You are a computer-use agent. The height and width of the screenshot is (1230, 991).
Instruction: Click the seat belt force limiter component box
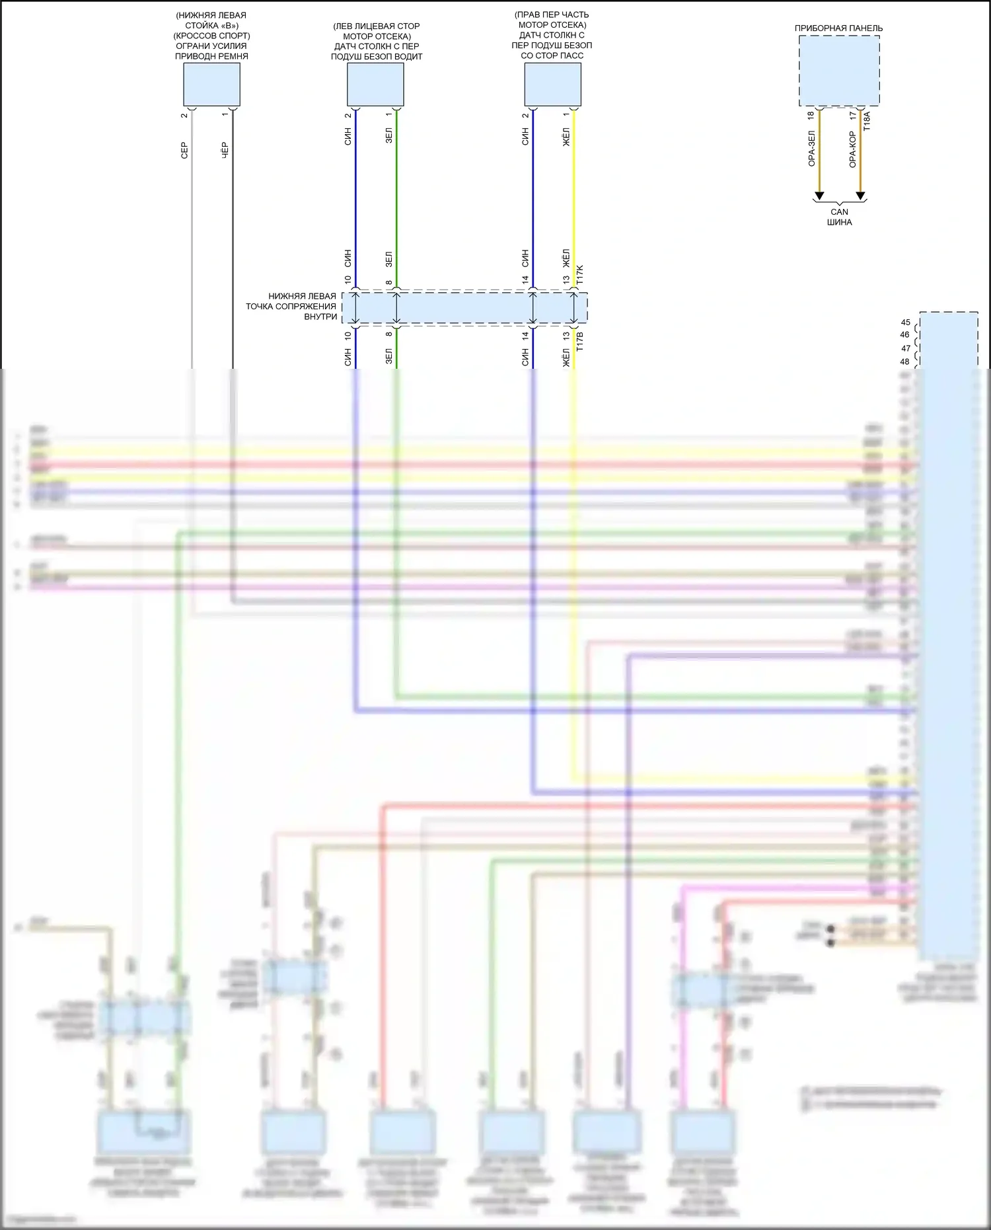click(211, 85)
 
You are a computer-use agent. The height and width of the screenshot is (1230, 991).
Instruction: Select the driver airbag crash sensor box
click(375, 85)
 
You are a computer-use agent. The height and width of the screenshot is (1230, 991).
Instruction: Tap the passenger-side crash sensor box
click(552, 85)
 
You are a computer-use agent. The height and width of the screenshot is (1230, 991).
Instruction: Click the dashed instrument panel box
click(839, 70)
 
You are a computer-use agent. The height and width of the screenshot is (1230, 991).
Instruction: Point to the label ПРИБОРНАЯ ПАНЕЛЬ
click(838, 28)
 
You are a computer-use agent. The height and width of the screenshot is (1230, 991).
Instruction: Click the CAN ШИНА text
click(839, 217)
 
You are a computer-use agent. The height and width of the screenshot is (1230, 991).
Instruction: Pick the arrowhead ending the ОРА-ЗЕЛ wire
click(819, 196)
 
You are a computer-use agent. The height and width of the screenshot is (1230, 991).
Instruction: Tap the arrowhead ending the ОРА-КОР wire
click(860, 196)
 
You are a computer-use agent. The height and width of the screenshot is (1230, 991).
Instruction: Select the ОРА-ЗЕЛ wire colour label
click(812, 149)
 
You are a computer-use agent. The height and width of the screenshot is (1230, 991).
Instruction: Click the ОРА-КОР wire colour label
click(853, 149)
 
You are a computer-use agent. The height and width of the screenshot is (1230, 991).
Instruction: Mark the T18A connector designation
click(867, 120)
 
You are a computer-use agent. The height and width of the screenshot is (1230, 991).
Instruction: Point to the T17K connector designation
click(580, 275)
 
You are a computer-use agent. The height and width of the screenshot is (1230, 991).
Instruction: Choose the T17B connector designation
click(580, 340)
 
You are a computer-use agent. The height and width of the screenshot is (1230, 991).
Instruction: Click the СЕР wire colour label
click(184, 150)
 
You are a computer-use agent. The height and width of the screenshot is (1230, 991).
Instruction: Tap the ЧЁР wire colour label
click(225, 150)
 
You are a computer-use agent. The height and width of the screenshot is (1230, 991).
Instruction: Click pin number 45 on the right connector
click(905, 323)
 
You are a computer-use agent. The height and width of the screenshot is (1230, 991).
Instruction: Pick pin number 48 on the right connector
click(904, 362)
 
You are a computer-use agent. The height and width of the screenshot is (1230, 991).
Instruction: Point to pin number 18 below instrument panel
click(811, 116)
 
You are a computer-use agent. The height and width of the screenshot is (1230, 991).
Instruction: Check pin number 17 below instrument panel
click(852, 116)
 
